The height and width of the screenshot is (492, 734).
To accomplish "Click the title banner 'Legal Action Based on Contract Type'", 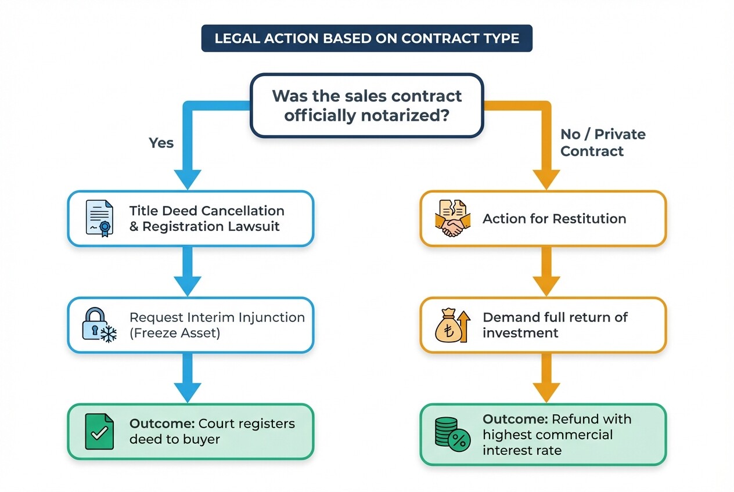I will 366,38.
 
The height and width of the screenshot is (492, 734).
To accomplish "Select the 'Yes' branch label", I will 161,143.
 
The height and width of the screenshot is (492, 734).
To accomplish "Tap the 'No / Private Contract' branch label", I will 602,143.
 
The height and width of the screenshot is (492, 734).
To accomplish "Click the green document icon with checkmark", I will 99,432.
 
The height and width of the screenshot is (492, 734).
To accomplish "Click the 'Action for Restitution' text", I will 554,219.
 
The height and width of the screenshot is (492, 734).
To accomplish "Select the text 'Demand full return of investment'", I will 555,325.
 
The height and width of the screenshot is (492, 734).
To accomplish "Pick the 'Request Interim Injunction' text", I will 217,317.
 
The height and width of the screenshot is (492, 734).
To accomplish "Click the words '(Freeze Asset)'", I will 174,333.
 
